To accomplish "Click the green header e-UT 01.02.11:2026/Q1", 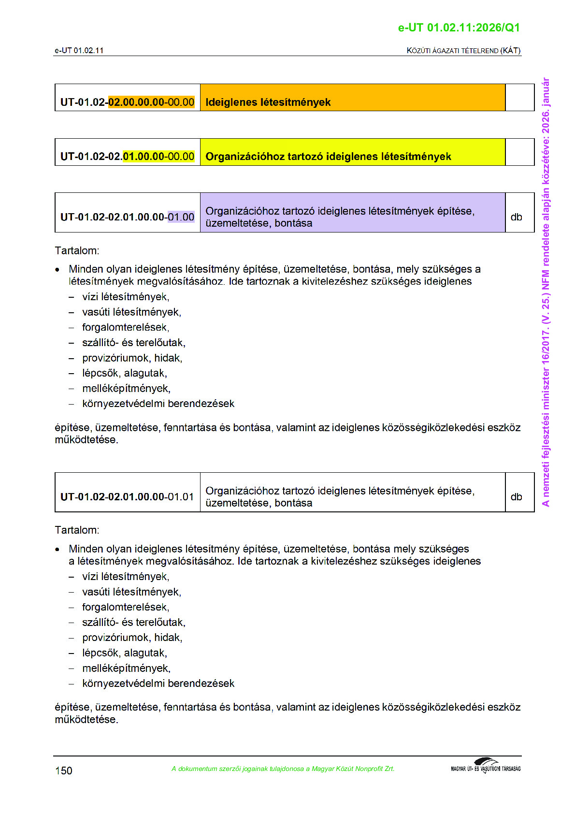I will (x=459, y=28).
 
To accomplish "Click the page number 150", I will (x=64, y=770).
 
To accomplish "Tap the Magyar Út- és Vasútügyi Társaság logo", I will (x=486, y=766).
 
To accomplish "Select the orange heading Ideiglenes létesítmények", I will (x=268, y=102).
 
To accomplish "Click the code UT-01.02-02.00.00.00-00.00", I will (x=127, y=102).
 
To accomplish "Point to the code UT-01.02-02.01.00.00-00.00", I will (x=127, y=157).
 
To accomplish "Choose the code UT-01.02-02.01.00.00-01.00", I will (x=127, y=217).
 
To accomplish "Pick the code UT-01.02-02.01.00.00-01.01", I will (x=127, y=497).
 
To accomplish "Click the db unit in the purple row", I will (x=516, y=217).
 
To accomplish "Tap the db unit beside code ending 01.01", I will (x=516, y=497).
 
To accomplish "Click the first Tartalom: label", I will (x=77, y=250).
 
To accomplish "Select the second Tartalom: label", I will (x=77, y=530).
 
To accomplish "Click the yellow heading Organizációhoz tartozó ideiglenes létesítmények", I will (x=328, y=157).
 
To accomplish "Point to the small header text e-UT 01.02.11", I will (x=79, y=50).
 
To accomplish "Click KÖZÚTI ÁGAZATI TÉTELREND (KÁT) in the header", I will (x=463, y=50).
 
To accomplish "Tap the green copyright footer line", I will (x=283, y=769).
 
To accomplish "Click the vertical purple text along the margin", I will (x=546, y=292).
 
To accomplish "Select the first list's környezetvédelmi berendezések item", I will (x=158, y=404).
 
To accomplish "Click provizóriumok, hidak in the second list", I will (x=132, y=638).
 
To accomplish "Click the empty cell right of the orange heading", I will (x=519, y=98).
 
